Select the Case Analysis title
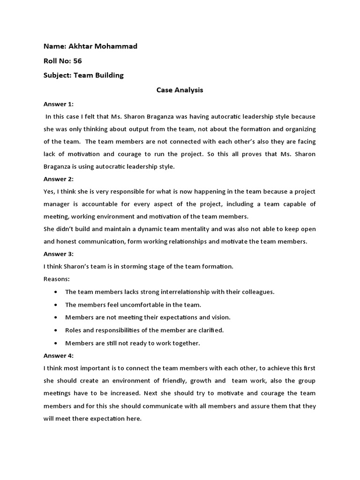coord(180,90)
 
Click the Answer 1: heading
coord(59,104)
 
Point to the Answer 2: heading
coord(59,179)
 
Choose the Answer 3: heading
coord(59,254)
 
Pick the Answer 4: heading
coord(59,355)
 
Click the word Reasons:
coord(56,279)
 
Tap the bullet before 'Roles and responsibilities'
coord(56,330)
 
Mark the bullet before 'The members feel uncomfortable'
coord(56,305)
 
